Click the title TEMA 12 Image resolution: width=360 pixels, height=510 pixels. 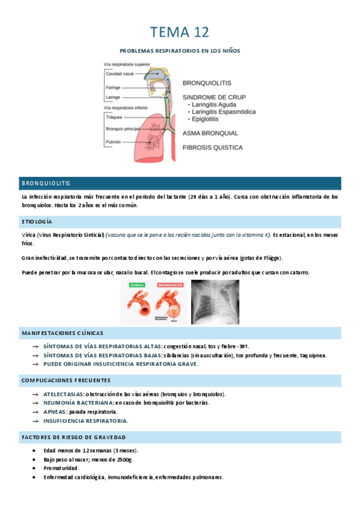pos(180,32)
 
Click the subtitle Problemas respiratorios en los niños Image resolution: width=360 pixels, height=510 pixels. pos(180,51)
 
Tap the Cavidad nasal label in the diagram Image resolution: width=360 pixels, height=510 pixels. pos(120,73)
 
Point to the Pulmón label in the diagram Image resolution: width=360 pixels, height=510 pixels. pos(114,142)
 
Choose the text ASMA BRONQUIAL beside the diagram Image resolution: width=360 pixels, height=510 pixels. pos(210,133)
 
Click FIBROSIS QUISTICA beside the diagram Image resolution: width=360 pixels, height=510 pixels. pos(213,147)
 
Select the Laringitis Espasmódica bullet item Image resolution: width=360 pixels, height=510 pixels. pos(224,112)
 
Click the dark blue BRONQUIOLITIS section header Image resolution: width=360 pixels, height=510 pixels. pos(46,183)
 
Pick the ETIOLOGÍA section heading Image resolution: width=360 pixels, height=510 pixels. pos(37,222)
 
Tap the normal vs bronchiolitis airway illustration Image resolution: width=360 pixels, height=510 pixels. pos(153,303)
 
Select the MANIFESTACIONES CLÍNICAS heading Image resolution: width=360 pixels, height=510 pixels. pos(63,333)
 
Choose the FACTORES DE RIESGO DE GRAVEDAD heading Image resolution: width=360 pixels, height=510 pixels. pos(73,437)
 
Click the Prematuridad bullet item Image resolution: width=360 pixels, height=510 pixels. pos(61,468)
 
